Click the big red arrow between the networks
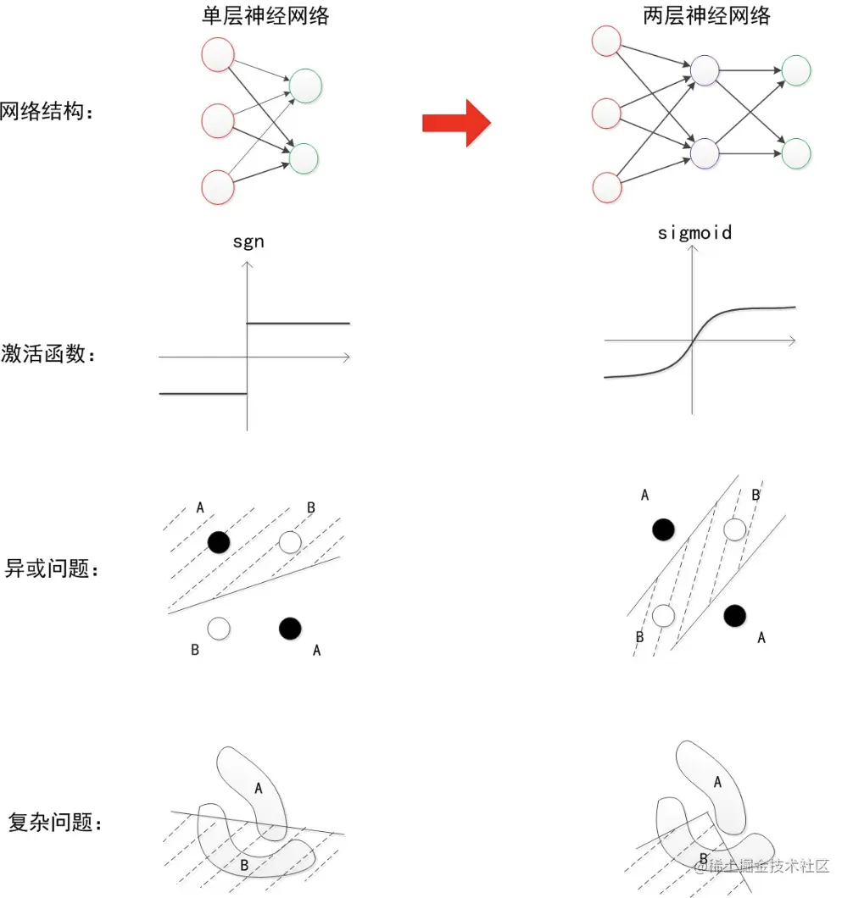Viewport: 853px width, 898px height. tap(456, 123)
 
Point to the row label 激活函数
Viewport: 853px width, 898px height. tap(47, 354)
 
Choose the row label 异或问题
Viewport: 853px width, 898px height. tap(51, 568)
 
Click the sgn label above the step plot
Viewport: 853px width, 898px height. tap(248, 242)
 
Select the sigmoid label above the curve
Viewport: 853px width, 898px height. tap(694, 232)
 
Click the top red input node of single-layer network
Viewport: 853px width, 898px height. tap(218, 54)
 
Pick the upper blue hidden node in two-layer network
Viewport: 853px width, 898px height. tap(705, 70)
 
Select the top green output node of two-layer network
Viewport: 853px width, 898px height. tap(796, 70)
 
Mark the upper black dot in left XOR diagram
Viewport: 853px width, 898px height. tap(219, 541)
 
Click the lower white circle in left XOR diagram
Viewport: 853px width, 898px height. tap(219, 628)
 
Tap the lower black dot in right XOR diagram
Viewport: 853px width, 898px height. tap(734, 615)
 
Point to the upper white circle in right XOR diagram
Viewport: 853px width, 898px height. tap(734, 529)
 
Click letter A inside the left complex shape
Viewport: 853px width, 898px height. tap(259, 789)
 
